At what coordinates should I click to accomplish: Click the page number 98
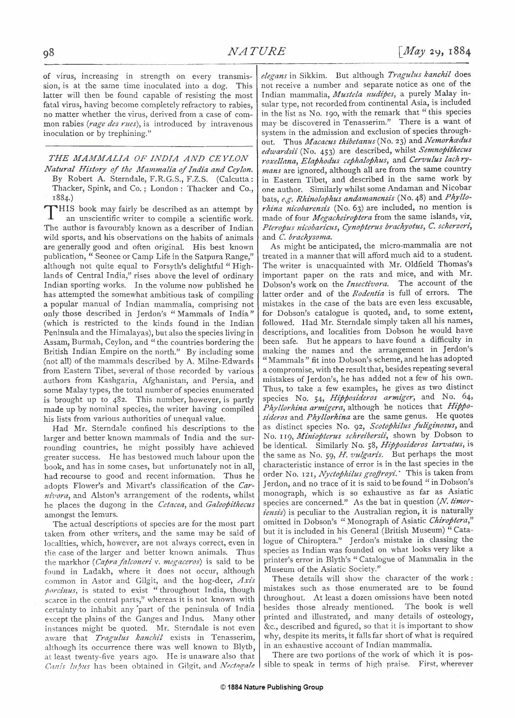[49, 52]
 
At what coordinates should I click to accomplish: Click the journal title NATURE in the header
[257, 51]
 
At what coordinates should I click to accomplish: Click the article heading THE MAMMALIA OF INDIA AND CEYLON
[148, 159]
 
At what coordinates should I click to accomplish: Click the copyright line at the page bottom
[271, 687]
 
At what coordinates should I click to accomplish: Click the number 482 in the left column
[119, 399]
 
